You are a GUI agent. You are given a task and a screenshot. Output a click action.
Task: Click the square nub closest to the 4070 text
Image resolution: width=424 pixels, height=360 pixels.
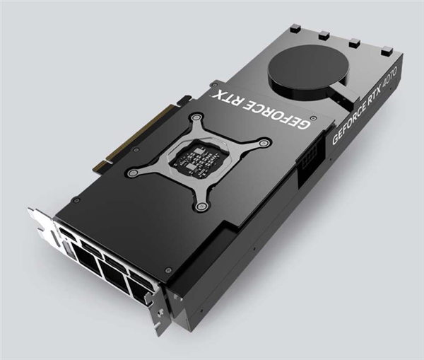pos(386,50)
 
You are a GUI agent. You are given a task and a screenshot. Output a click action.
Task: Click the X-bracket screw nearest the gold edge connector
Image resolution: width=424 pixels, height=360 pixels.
pos(132,172)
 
